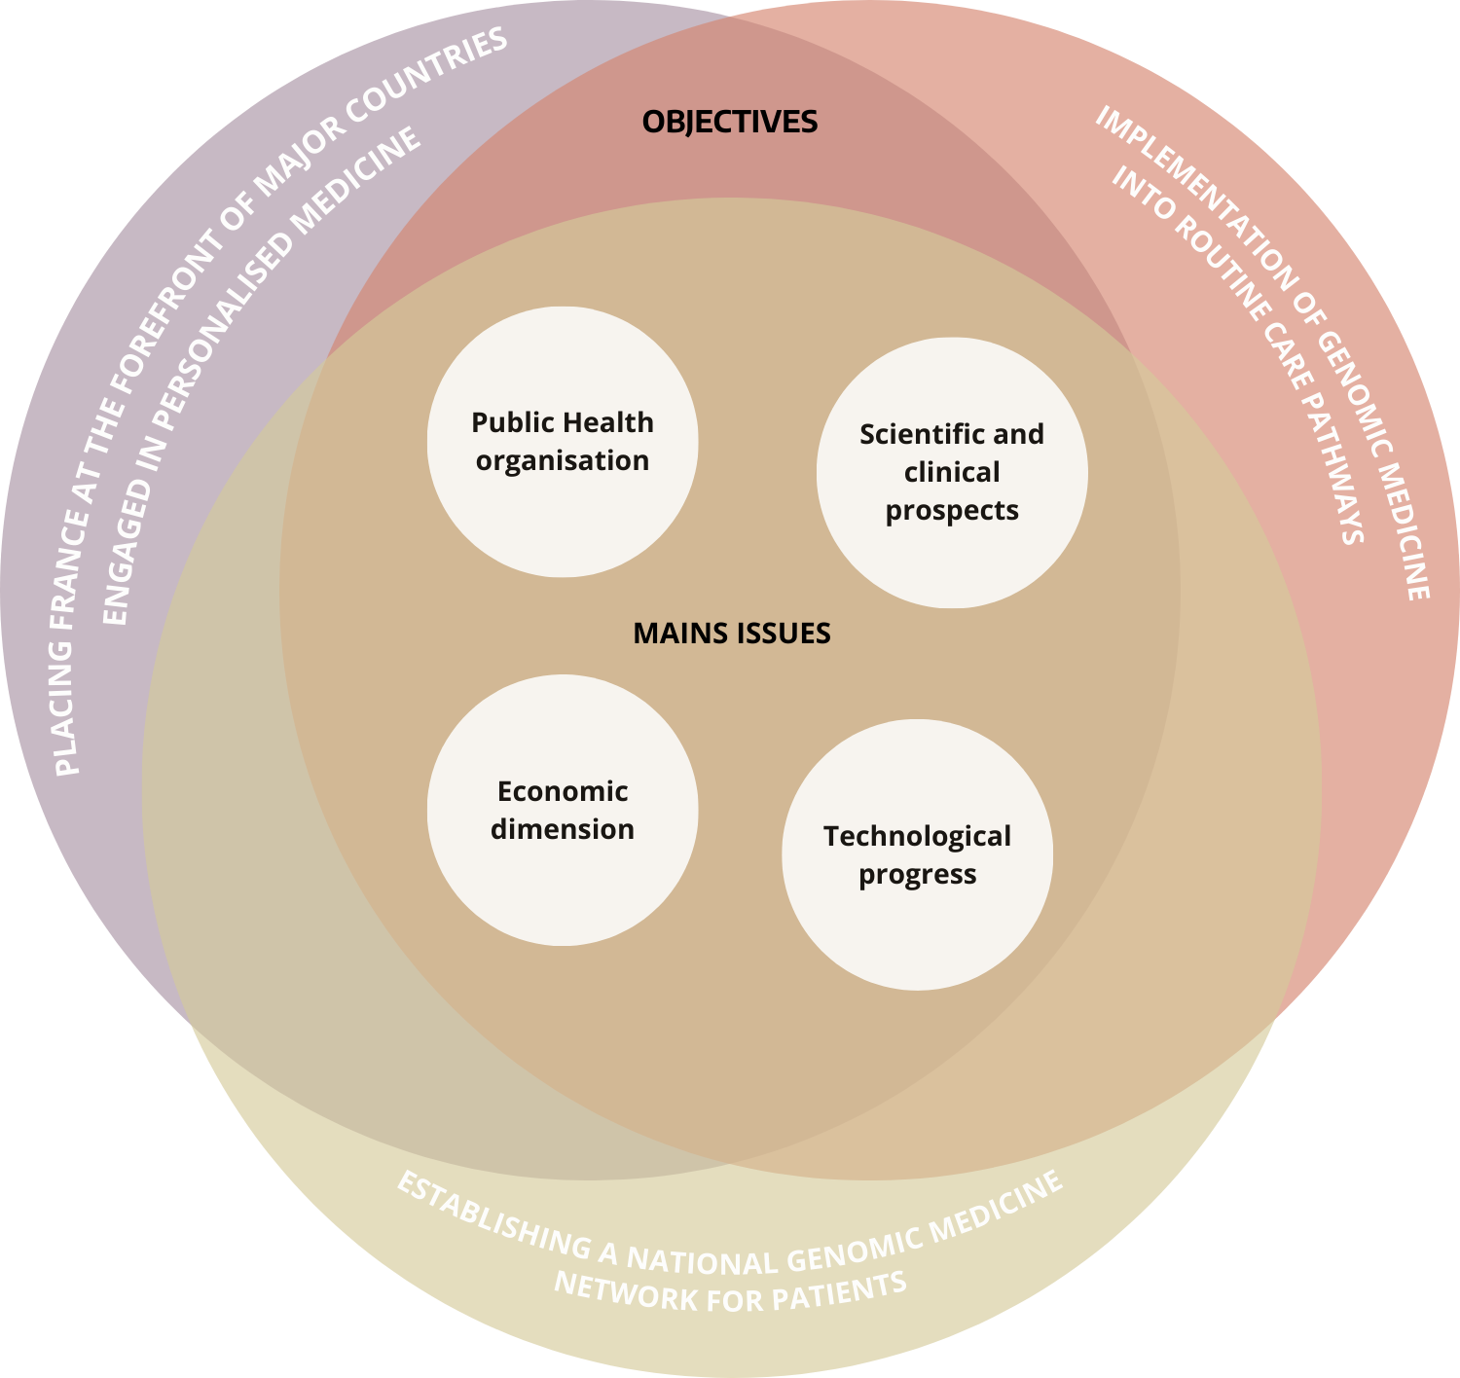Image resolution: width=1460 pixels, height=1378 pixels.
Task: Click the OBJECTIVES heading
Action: (x=730, y=122)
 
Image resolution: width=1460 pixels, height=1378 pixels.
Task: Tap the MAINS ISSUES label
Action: (x=732, y=634)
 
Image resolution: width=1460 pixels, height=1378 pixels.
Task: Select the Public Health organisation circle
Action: (x=563, y=442)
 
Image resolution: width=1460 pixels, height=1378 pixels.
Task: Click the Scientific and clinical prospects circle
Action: (x=951, y=473)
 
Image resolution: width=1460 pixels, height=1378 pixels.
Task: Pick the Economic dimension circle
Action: (x=563, y=811)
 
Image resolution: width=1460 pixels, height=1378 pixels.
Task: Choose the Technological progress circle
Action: (x=917, y=855)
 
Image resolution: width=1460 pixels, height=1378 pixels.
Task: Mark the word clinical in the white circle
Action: (x=951, y=473)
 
